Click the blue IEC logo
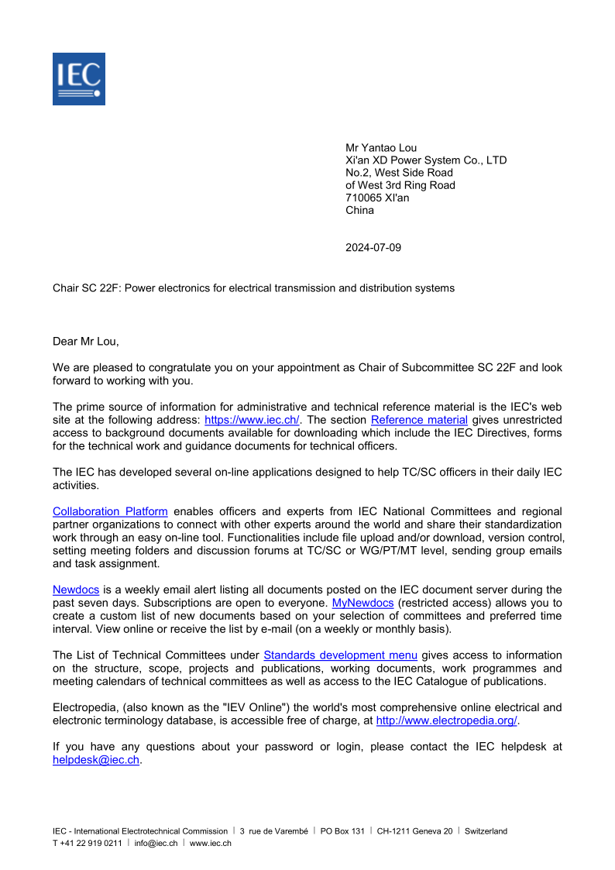79,79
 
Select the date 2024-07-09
373,248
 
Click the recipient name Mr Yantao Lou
381,148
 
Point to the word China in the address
359,210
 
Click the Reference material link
419,420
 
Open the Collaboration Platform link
110,511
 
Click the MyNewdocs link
362,603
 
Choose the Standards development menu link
341,655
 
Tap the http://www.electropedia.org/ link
447,720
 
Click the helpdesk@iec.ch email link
96,760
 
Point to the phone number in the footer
87,843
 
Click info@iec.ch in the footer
156,843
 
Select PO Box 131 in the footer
342,831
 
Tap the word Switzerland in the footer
486,831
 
